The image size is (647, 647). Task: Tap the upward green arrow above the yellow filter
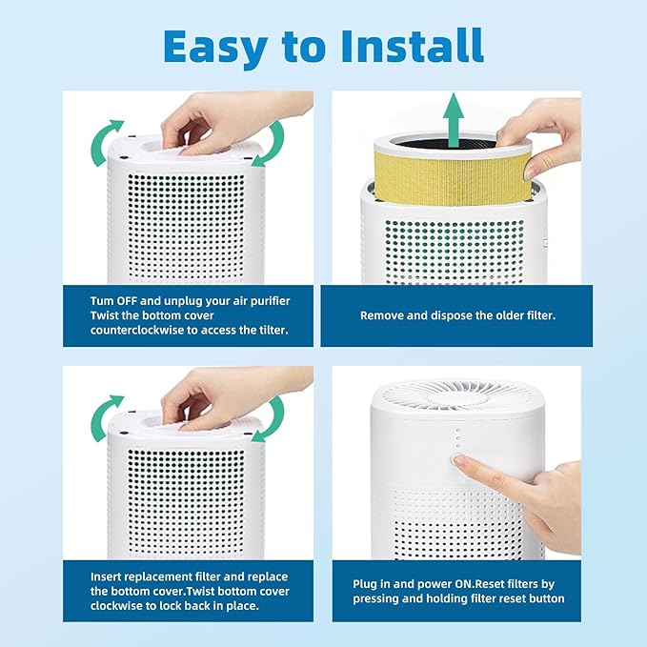click(455, 117)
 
